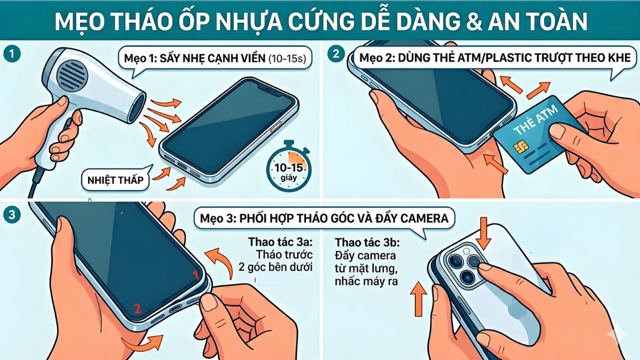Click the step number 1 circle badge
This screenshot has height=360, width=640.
pyautogui.click(x=9, y=54)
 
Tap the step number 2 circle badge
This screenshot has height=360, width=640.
pyautogui.click(x=335, y=54)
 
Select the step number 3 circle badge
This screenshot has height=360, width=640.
pyautogui.click(x=9, y=215)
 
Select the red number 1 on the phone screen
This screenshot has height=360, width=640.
pyautogui.click(x=195, y=275)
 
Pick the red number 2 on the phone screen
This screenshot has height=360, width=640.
pyautogui.click(x=137, y=308)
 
